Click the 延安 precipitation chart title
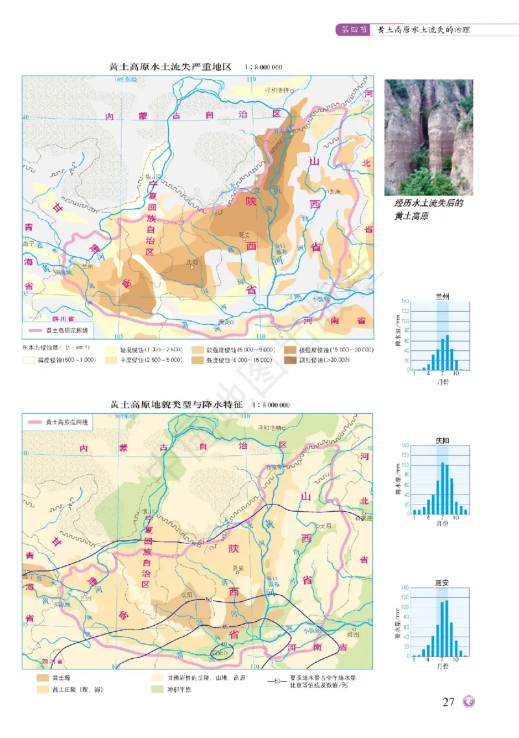[x=444, y=583]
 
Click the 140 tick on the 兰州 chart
[x=405, y=302]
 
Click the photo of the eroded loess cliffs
[x=428, y=137]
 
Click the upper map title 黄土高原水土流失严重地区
[x=171, y=67]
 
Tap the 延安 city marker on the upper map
[x=245, y=240]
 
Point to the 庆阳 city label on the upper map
[x=191, y=263]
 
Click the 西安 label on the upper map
[x=224, y=321]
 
